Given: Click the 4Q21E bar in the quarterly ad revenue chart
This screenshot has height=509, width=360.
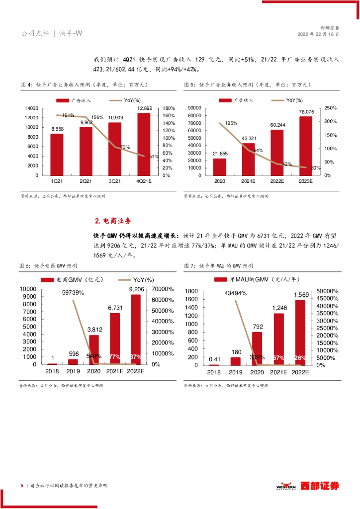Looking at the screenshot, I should click(144, 144).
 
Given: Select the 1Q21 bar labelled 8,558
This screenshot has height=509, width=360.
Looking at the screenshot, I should click(57, 155).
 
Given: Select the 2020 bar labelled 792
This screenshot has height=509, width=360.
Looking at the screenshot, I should click(257, 348).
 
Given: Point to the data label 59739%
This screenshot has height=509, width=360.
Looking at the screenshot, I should click(73, 293).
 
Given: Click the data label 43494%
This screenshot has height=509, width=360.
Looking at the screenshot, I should click(236, 293).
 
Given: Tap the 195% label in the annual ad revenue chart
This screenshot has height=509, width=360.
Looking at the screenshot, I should click(231, 123).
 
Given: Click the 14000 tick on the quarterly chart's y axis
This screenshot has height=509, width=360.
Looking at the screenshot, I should click(31, 108).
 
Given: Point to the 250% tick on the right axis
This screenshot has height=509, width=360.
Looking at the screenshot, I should click(331, 108).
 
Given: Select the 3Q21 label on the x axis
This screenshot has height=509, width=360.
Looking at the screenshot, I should click(114, 182).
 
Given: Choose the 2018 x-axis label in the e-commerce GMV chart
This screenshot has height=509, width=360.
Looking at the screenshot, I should click(52, 371).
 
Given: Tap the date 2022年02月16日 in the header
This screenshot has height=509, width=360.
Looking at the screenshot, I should click(318, 35).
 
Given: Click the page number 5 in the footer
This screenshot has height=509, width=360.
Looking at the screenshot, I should click(21, 485).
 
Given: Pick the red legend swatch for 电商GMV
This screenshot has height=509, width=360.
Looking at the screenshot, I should click(47, 280).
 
